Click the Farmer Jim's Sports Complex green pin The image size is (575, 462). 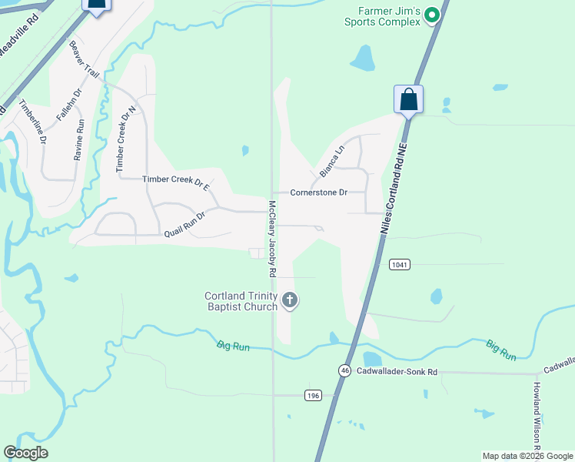click(x=432, y=14)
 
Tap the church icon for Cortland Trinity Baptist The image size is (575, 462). click(x=289, y=300)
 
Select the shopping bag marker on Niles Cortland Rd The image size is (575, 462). click(x=408, y=100)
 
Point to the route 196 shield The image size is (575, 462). click(x=312, y=395)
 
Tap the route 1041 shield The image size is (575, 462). click(x=399, y=264)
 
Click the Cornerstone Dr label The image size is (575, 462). click(x=319, y=192)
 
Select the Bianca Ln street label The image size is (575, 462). click(x=331, y=160)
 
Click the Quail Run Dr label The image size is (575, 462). click(x=184, y=224)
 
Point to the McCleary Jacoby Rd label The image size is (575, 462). click(x=271, y=239)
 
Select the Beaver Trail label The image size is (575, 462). click(x=85, y=58)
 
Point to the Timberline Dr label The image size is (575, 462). click(x=33, y=122)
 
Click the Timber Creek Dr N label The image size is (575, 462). click(x=125, y=139)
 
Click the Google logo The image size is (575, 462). click(x=25, y=453)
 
